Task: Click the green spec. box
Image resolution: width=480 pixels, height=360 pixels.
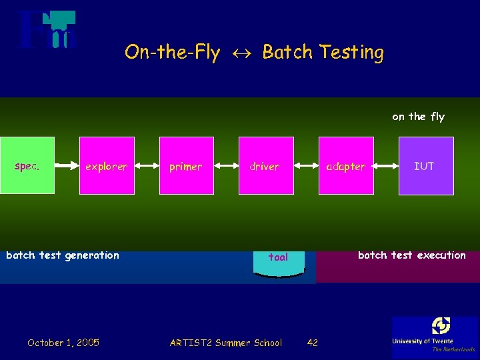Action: [x=27, y=165]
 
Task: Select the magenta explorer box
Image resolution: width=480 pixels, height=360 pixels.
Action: [x=107, y=165]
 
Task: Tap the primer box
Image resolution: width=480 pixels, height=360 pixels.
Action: [x=186, y=165]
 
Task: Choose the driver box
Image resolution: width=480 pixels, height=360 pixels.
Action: [x=265, y=165]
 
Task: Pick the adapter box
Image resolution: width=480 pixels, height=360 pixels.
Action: [x=346, y=165]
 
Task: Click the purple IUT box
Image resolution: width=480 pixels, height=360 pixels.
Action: [x=426, y=165]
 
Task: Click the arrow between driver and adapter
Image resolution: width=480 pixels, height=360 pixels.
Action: [x=305, y=166]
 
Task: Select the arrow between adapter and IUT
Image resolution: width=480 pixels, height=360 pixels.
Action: [x=386, y=166]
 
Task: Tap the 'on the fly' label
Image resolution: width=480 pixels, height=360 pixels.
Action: [x=418, y=117]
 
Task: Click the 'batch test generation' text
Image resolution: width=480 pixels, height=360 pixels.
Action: [x=63, y=255]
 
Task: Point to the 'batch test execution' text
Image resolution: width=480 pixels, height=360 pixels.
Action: [x=412, y=255]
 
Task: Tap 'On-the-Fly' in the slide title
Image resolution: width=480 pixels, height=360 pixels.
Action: [x=172, y=53]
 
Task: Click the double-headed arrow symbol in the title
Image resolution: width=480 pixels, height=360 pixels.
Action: [x=241, y=53]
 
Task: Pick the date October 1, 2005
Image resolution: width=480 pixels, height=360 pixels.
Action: [x=63, y=343]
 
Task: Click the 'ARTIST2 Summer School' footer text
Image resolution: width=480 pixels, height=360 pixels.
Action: [x=226, y=343]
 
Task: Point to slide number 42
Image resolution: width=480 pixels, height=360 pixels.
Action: [x=312, y=343]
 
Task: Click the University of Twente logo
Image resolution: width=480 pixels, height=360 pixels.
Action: [x=435, y=335]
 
